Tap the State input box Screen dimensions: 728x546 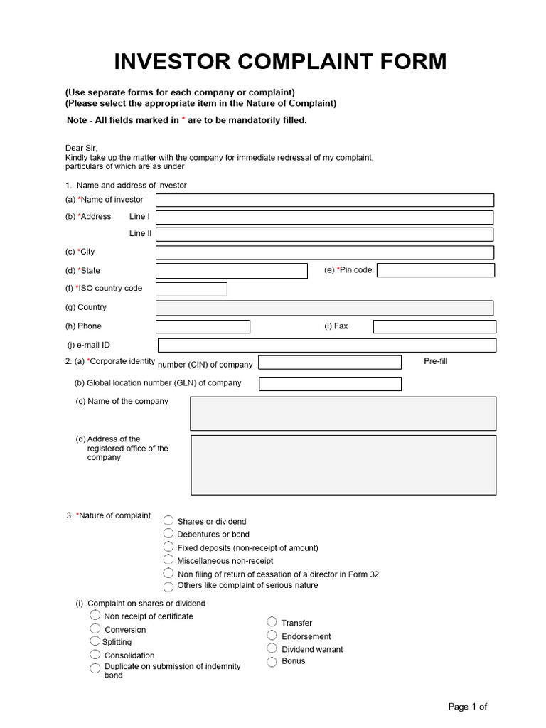tap(231, 271)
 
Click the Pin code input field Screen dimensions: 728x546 tap(436, 271)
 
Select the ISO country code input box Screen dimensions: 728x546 tap(191, 289)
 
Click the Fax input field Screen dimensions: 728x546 tap(434, 326)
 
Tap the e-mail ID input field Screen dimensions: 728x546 tap(326, 346)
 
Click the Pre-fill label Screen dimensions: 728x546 tap(436, 361)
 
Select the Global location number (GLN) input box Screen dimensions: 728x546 tap(330, 384)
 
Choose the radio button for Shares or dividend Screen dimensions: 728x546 tap(168, 521)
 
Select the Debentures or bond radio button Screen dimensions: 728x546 tap(168, 533)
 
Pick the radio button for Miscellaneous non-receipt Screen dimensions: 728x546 tap(168, 560)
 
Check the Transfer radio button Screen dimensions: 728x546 tap(272, 622)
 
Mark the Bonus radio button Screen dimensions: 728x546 tap(272, 661)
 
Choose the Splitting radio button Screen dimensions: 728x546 tap(95, 641)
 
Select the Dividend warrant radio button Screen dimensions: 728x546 tap(272, 648)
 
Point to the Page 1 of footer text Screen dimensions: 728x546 tap(468, 706)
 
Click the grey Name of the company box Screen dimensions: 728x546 tap(343, 413)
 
